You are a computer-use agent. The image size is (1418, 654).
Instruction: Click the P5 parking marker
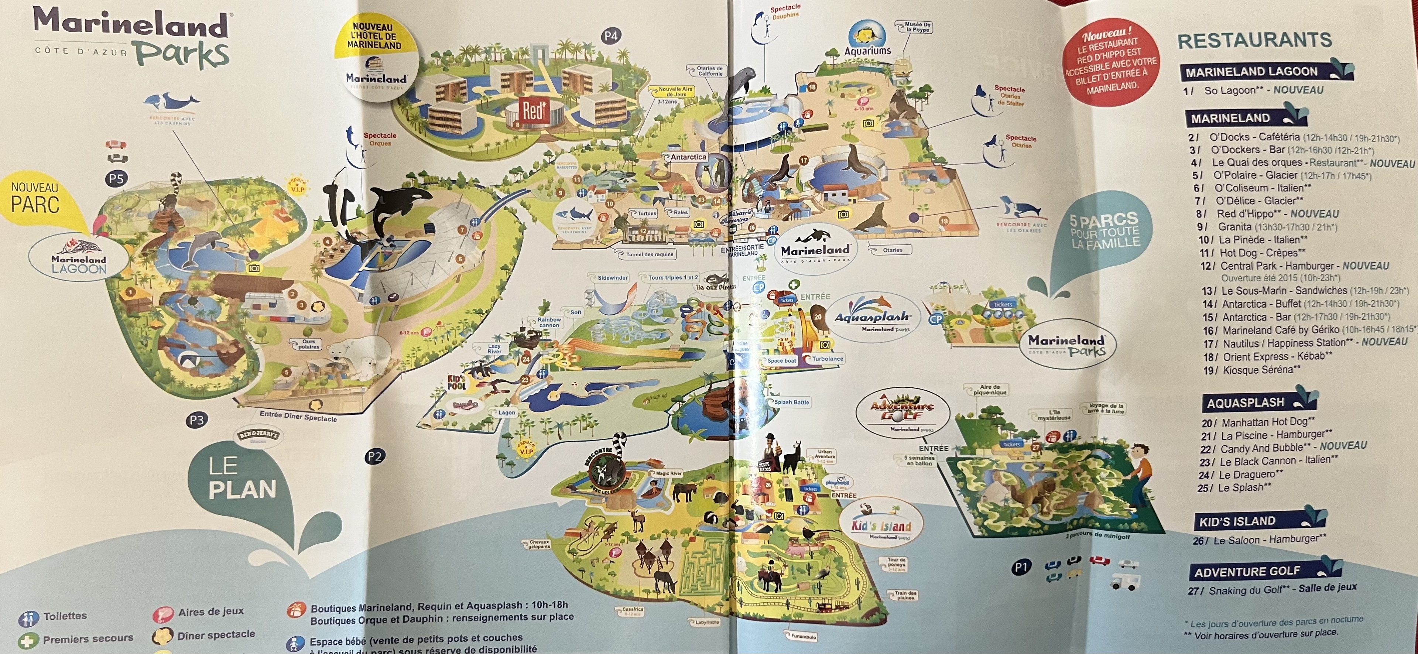coord(117,178)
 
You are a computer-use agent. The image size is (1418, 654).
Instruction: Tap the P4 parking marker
coord(610,36)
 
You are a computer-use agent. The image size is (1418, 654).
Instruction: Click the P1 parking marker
coord(1021,567)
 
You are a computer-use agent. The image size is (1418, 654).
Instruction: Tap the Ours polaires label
coord(309,344)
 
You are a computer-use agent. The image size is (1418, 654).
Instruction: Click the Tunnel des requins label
coord(650,254)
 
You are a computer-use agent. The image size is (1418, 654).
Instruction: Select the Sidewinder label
coord(612,278)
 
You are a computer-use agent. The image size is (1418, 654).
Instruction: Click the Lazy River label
coord(494,349)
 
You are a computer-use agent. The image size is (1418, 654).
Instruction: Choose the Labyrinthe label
coord(707,623)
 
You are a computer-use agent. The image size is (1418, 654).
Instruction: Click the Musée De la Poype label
coord(918,27)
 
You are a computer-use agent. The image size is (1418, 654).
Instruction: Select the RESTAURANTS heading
coord(1254,40)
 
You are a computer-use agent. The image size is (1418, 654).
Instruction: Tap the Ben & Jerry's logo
coord(259,436)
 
